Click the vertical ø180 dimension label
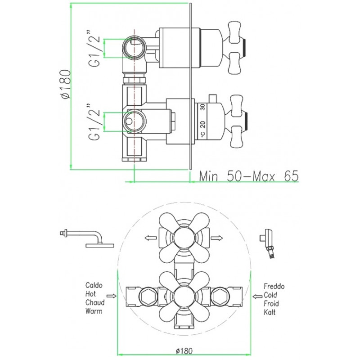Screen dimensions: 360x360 pyautogui.click(x=65, y=84)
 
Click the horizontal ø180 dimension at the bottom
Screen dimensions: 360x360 pyautogui.click(x=184, y=351)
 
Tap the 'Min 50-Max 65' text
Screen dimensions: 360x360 pyautogui.click(x=249, y=176)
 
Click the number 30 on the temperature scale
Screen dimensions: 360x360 pyautogui.click(x=202, y=107)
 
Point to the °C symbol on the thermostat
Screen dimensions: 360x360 pyautogui.click(x=202, y=134)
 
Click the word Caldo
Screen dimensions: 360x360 pyautogui.click(x=94, y=285)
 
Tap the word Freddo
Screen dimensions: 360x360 pyautogui.click(x=274, y=286)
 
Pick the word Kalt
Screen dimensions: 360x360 pyautogui.click(x=270, y=312)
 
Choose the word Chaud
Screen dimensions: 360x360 pyautogui.click(x=95, y=302)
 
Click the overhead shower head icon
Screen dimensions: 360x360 pyautogui.click(x=86, y=239)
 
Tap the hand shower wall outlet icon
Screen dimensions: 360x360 pyautogui.click(x=267, y=243)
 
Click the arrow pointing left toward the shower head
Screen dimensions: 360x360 pyautogui.click(x=151, y=238)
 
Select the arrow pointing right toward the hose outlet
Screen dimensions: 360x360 pyautogui.click(x=217, y=238)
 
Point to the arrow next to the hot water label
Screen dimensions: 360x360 pyautogui.click(x=112, y=296)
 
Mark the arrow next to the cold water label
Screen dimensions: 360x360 pyautogui.click(x=257, y=297)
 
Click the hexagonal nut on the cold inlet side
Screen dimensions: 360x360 pyautogui.click(x=220, y=297)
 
